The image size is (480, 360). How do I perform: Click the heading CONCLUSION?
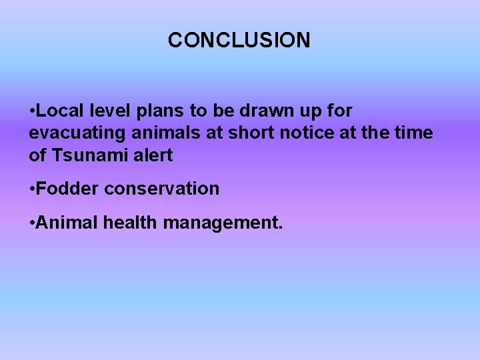point(239,41)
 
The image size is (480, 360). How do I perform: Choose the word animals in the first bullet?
point(164,133)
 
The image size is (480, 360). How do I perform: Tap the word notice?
point(310,133)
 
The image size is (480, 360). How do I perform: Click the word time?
point(413,133)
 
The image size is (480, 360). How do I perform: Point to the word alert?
point(153,155)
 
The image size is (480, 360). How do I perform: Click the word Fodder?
point(68,189)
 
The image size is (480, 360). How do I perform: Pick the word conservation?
point(161,189)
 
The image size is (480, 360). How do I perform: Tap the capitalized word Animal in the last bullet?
point(67,222)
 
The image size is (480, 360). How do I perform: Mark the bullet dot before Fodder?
point(32,189)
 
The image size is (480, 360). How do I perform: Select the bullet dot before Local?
point(32,111)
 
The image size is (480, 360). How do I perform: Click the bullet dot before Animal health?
point(32,223)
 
